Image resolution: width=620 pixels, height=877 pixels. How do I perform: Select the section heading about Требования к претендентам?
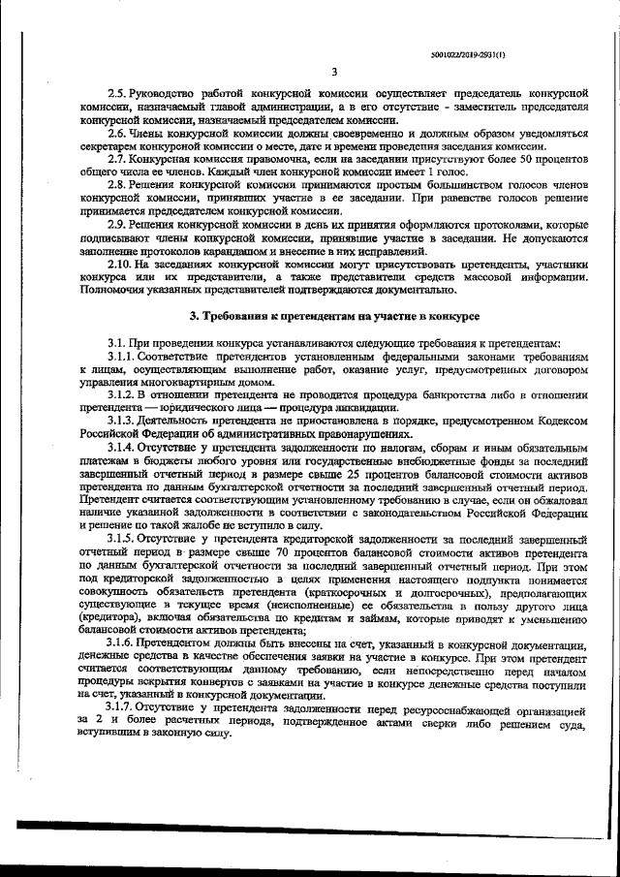point(333,317)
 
